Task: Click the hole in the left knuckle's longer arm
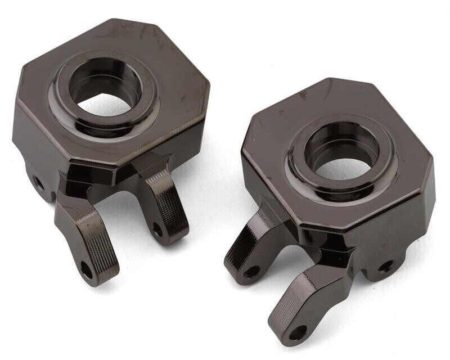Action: (86, 269)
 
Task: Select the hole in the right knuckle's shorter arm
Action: (251, 272)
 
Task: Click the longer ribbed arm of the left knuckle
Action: (84, 236)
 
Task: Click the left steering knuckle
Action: (112, 129)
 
